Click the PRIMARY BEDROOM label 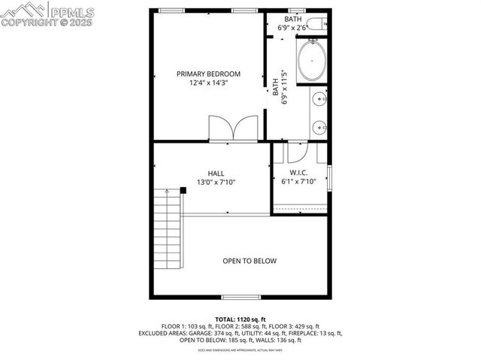click(x=208, y=74)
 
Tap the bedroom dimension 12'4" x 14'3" click(x=208, y=83)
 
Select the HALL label click(x=216, y=173)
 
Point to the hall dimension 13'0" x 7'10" click(x=216, y=183)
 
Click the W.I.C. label click(x=298, y=172)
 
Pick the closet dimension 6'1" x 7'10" click(x=298, y=182)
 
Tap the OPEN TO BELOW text click(x=250, y=261)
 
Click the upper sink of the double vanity click(x=319, y=98)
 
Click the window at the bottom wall click(x=240, y=296)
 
